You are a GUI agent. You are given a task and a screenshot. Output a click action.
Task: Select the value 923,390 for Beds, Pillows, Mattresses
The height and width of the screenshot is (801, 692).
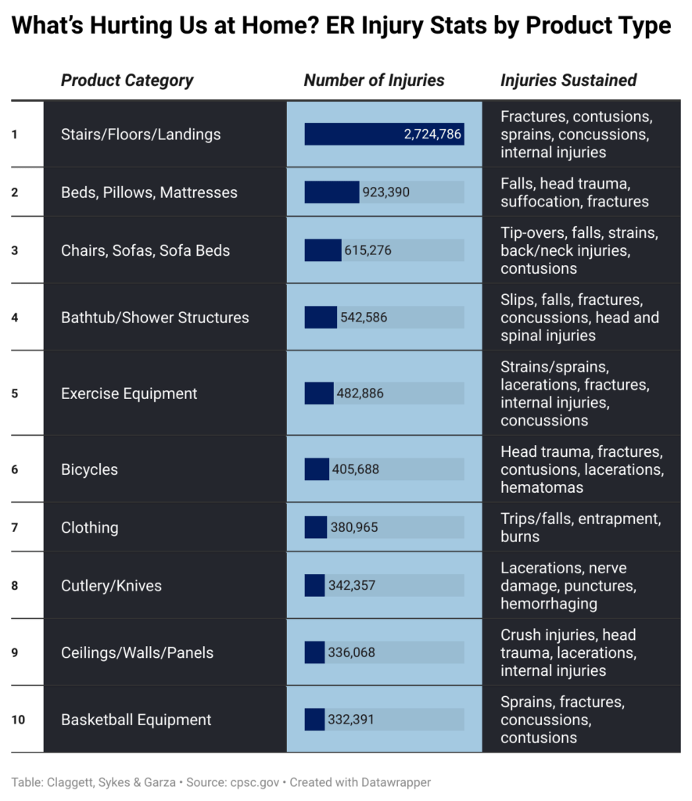click(385, 192)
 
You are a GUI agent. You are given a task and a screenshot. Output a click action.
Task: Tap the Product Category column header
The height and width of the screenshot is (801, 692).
click(127, 81)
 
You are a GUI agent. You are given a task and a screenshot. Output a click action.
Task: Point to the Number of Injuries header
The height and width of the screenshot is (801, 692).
click(374, 81)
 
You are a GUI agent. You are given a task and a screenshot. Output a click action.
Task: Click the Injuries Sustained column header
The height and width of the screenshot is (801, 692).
click(568, 81)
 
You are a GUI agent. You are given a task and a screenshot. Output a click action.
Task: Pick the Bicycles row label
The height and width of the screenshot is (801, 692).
click(89, 469)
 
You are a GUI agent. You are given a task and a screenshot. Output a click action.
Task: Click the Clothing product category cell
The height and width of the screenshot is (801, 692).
click(90, 527)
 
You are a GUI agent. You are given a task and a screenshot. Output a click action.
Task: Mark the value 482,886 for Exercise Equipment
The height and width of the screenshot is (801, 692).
click(360, 393)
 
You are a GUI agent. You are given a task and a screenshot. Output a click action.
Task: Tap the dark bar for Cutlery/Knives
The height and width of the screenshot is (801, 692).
click(314, 585)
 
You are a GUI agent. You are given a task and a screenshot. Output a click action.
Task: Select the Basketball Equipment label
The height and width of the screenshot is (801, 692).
click(136, 720)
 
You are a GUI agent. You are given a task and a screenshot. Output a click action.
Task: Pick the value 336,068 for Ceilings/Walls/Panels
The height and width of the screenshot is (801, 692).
click(351, 652)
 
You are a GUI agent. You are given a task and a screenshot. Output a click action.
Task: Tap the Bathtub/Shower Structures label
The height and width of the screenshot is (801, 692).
click(155, 318)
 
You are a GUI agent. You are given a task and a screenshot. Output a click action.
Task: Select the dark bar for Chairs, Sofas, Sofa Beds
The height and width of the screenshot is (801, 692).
click(323, 250)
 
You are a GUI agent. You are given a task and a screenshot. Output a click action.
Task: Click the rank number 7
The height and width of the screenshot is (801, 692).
click(14, 527)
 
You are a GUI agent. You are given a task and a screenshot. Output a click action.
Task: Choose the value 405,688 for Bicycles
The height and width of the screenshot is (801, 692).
click(356, 469)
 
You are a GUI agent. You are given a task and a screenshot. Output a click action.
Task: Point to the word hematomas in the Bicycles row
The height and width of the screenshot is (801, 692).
click(542, 487)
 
